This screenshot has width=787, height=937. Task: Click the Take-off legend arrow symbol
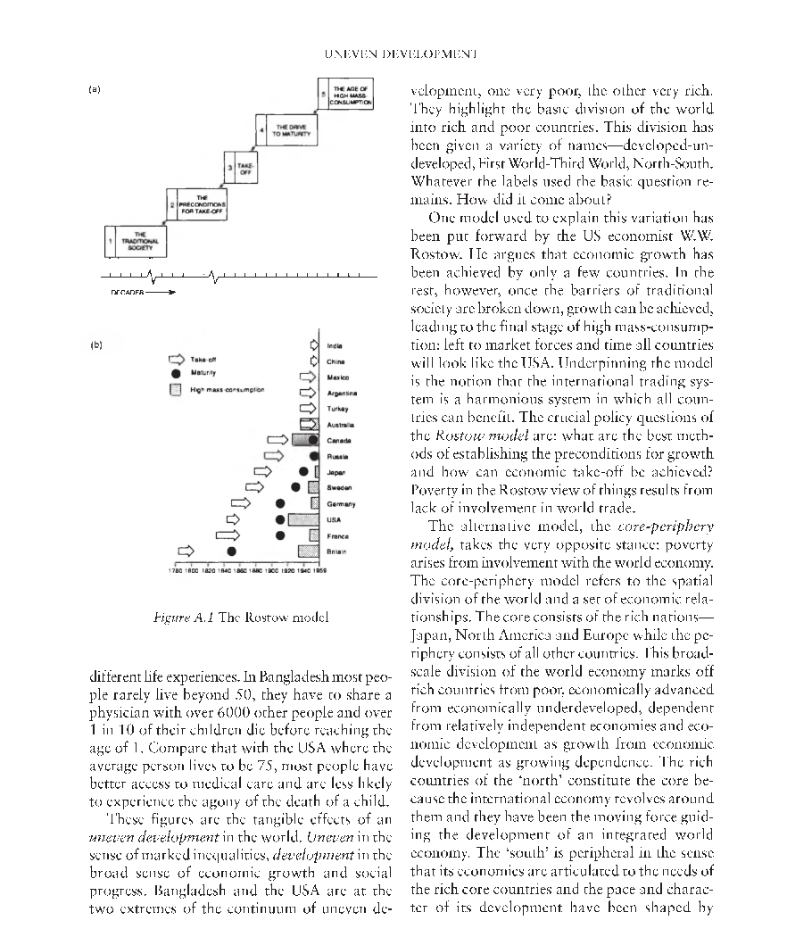(177, 359)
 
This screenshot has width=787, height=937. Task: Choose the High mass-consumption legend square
(176, 389)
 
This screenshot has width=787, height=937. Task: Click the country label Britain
(337, 552)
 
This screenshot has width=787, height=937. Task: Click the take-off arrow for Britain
(186, 551)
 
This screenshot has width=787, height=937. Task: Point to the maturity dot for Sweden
(295, 486)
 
